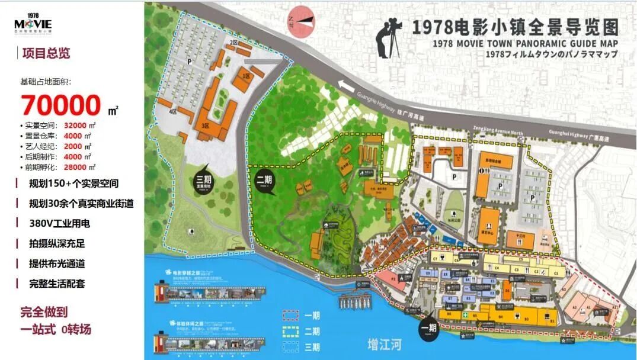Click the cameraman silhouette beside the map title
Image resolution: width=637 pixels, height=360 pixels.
pos(389,37)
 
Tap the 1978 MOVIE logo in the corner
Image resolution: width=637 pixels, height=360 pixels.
pos(34,24)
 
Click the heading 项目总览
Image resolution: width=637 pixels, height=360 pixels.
pos(46,53)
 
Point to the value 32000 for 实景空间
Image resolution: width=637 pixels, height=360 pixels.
pos(75,126)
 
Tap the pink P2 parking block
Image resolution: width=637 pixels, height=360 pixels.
pos(393,279)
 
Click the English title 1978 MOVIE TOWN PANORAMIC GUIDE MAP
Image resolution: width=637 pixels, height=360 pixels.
pos(525,43)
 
